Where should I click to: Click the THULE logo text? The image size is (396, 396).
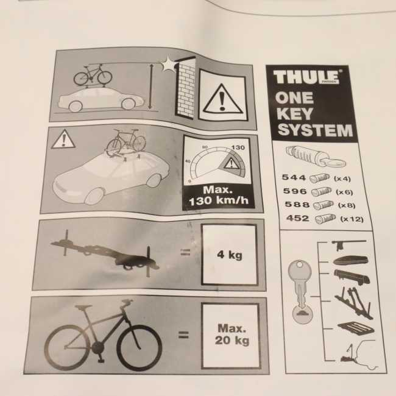tap(306, 77)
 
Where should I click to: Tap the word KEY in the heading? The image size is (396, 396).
tap(295, 114)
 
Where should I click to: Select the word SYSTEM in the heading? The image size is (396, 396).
tap(315, 130)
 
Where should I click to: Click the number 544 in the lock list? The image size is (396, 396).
tap(294, 177)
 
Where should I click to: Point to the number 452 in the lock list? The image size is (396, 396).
tap(297, 217)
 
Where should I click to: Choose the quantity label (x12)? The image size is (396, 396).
tap(352, 219)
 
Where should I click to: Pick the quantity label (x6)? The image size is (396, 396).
tap(344, 192)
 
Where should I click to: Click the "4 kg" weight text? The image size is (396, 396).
tap(229, 255)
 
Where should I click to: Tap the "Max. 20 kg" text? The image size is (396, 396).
tap(232, 334)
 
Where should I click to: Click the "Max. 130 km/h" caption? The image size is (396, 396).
tap(218, 195)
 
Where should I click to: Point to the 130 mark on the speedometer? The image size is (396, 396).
tap(238, 147)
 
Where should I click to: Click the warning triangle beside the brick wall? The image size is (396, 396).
tap(222, 99)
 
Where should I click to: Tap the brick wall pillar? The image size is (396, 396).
tap(186, 88)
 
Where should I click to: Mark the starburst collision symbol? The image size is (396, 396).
tap(168, 65)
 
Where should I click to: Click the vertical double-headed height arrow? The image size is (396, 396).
tap(150, 87)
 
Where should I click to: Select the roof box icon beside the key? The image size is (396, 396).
tap(350, 260)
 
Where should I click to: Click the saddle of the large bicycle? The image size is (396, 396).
tap(83, 306)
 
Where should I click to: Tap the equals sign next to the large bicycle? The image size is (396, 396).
tap(183, 334)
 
